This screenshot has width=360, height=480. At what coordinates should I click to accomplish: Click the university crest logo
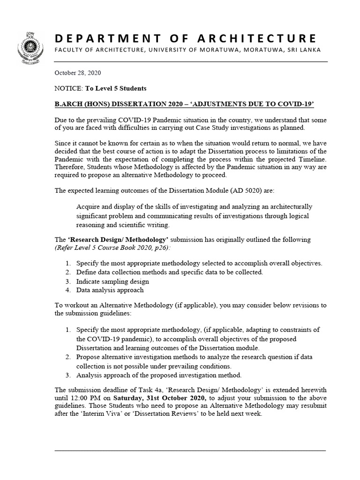(30, 45)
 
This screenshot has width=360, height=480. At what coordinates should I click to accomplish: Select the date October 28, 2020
(78, 73)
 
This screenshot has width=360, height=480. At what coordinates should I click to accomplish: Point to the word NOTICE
(68, 88)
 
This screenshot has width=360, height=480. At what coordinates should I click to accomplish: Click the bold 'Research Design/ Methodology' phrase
(113, 240)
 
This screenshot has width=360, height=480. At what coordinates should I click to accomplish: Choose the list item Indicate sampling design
(112, 281)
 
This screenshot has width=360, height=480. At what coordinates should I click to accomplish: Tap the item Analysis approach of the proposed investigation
(158, 375)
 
